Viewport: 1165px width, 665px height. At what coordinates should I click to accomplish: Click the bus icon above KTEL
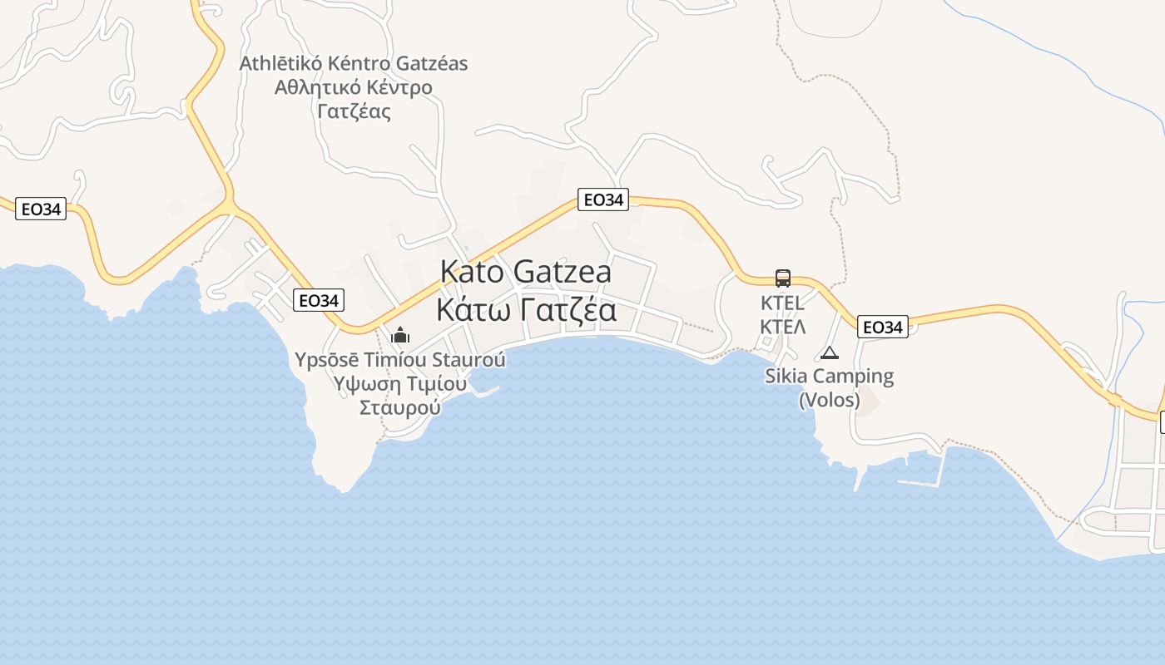[x=782, y=278]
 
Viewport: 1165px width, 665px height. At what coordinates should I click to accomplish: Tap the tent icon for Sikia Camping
[x=829, y=352]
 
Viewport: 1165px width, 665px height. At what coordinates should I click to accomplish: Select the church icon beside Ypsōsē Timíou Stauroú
[x=400, y=335]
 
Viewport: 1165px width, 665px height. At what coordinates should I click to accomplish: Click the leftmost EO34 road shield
[x=41, y=209]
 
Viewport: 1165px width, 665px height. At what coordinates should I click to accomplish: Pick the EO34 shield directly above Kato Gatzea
[x=602, y=199]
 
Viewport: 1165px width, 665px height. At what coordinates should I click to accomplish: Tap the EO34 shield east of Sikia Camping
[x=882, y=327]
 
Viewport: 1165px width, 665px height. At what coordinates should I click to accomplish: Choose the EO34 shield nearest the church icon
[x=318, y=300]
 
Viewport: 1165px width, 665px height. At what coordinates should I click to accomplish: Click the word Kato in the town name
[x=472, y=271]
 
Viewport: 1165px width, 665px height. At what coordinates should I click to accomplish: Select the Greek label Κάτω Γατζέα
[x=526, y=310]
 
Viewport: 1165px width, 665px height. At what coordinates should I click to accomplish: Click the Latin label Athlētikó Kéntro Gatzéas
[x=354, y=63]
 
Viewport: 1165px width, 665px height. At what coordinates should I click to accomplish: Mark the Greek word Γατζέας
[x=354, y=111]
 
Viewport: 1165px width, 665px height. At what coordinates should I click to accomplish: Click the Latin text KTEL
[x=782, y=303]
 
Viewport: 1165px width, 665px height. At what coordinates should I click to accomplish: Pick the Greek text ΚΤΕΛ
[x=782, y=326]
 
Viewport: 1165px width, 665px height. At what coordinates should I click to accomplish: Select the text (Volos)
[x=829, y=400]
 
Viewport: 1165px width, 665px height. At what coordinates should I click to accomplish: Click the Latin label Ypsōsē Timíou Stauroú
[x=399, y=360]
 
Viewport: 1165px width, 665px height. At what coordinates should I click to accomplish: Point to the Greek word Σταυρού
[x=399, y=407]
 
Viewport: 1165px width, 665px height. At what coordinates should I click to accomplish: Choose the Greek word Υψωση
[x=362, y=383]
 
